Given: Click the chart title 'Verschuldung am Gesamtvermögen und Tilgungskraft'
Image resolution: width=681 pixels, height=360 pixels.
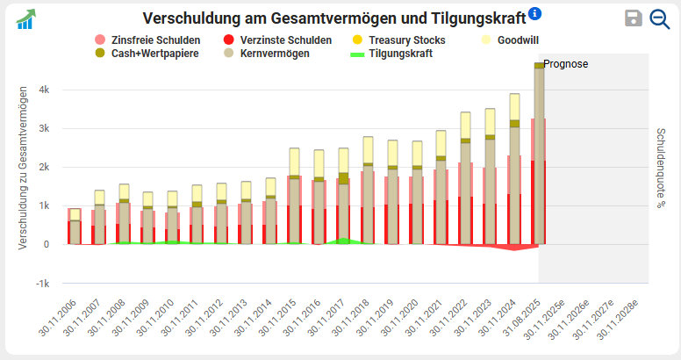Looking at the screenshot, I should pyautogui.click(x=333, y=18).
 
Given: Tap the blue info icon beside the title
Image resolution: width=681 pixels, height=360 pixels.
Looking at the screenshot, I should pyautogui.click(x=535, y=13).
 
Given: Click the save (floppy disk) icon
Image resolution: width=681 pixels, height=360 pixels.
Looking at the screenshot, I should pyautogui.click(x=634, y=18).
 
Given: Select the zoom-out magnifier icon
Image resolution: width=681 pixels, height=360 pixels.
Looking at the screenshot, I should pyautogui.click(x=659, y=18).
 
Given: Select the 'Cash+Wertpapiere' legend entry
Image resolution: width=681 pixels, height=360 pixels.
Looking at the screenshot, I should pyautogui.click(x=154, y=54).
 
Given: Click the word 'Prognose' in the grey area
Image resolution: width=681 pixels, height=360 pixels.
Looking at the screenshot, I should pyautogui.click(x=566, y=64).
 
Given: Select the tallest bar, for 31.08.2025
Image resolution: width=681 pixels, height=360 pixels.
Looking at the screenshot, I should pyautogui.click(x=539, y=154).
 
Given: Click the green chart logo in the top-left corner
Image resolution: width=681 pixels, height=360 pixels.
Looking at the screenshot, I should pyautogui.click(x=25, y=18).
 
